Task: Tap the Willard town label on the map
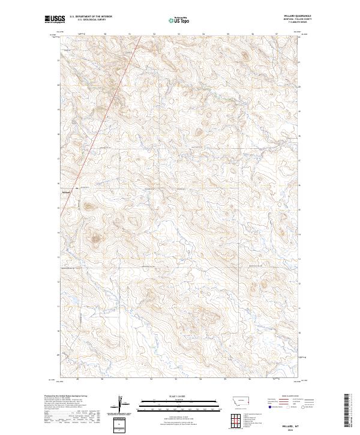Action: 67,192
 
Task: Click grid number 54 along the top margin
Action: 203,34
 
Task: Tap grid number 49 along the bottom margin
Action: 78,379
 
